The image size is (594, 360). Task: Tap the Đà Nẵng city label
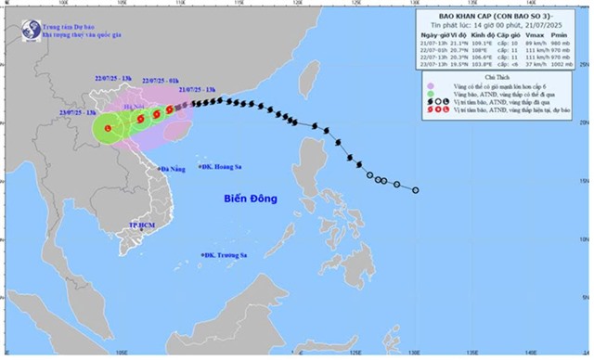(173, 170)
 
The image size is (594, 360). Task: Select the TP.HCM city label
(142, 226)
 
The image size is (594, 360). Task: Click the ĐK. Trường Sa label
(226, 255)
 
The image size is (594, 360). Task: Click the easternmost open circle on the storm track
(415, 189)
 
